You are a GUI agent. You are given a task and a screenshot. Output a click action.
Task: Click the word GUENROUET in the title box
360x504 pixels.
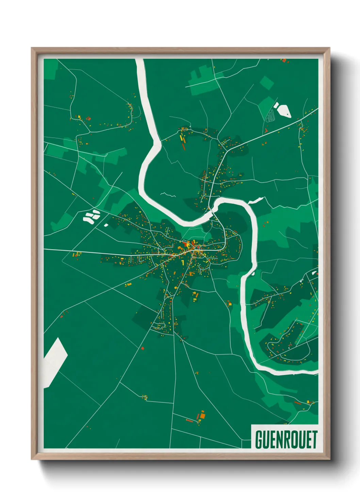tap(286, 439)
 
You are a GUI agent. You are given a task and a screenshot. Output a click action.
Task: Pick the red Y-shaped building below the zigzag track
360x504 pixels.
tap(266, 130)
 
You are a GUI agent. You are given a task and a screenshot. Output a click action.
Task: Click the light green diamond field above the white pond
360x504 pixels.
tap(267, 83)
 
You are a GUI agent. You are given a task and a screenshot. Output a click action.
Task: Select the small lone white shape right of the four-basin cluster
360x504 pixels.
tap(106, 225)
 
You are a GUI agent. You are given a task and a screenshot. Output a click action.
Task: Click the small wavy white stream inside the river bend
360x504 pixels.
tap(168, 195)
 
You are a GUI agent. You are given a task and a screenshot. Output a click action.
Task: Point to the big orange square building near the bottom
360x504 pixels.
tap(202, 415)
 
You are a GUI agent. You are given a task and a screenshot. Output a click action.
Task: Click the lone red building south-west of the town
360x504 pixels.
tap(143, 348)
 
